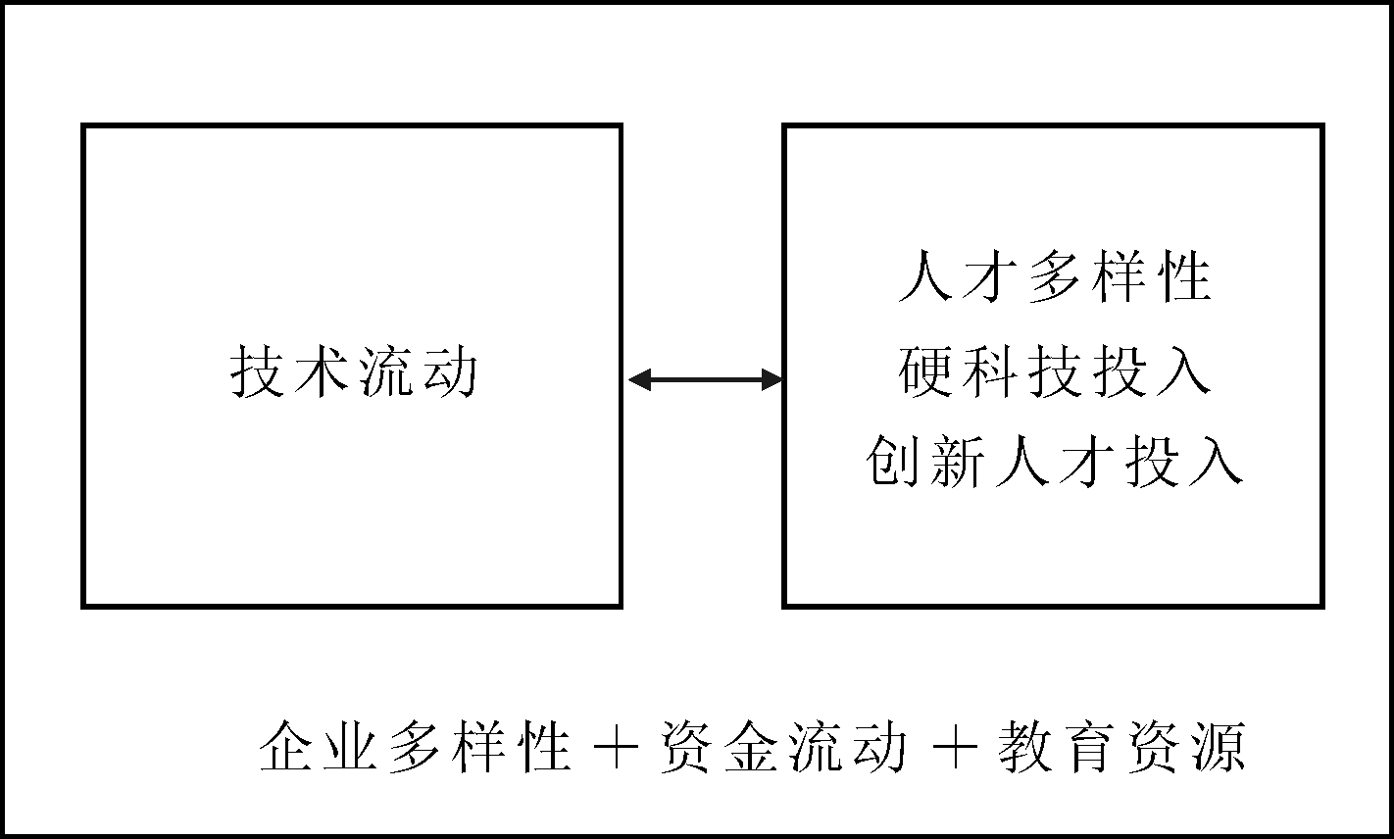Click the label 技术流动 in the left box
[354, 371]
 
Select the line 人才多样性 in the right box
[1055, 276]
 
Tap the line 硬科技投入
[1055, 370]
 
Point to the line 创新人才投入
[1055, 461]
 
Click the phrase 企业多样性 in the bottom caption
[415, 746]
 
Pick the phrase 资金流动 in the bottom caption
[784, 746]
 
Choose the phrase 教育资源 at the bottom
[1122, 746]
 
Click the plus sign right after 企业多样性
[616, 747]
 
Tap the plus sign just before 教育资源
[955, 747]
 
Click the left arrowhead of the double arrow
[640, 379]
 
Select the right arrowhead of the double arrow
[772, 379]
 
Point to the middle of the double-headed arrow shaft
[706, 379]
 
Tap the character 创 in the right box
[892, 461]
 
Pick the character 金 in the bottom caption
[752, 746]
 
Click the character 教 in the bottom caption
[1025, 746]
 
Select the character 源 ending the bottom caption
[1220, 746]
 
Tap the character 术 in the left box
[321, 371]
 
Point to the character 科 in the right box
[989, 370]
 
